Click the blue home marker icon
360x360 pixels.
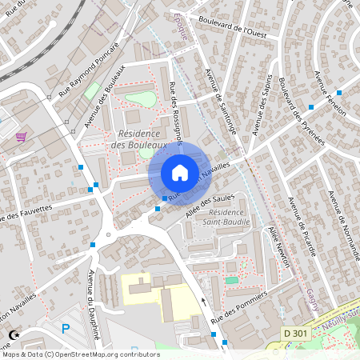point(180,172)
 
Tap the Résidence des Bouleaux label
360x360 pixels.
point(142,139)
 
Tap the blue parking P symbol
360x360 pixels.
point(66,328)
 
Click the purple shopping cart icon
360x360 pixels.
point(21,136)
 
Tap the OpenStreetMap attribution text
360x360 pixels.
point(81,354)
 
